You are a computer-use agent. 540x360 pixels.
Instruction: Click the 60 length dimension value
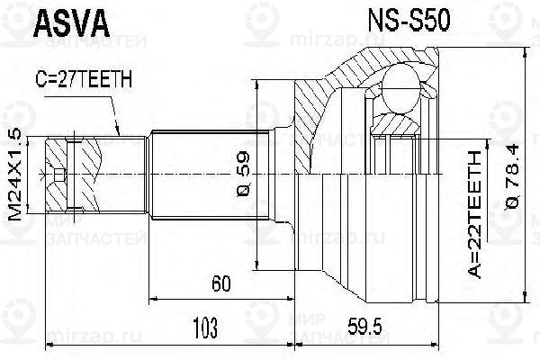pos(220,284)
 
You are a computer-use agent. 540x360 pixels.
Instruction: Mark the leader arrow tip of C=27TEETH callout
pos(118,135)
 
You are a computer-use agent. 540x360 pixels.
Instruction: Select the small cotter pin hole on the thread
pos(58,171)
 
